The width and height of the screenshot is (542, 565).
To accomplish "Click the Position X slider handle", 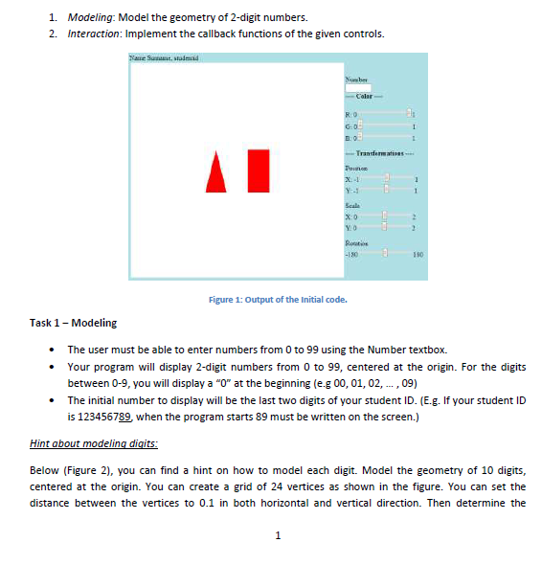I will point(387,178).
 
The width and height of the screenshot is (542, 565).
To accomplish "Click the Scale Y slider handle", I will point(385,227).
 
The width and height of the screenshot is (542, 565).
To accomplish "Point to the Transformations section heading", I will point(383,154).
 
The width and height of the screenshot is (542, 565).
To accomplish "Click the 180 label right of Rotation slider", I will point(417,254).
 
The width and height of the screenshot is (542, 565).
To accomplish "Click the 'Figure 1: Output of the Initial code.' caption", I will point(276,299).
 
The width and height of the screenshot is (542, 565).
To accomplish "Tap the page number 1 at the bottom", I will point(277,534).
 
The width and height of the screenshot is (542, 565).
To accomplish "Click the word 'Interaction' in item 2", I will point(92,34).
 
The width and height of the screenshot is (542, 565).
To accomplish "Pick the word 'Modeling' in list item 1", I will point(89,16).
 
